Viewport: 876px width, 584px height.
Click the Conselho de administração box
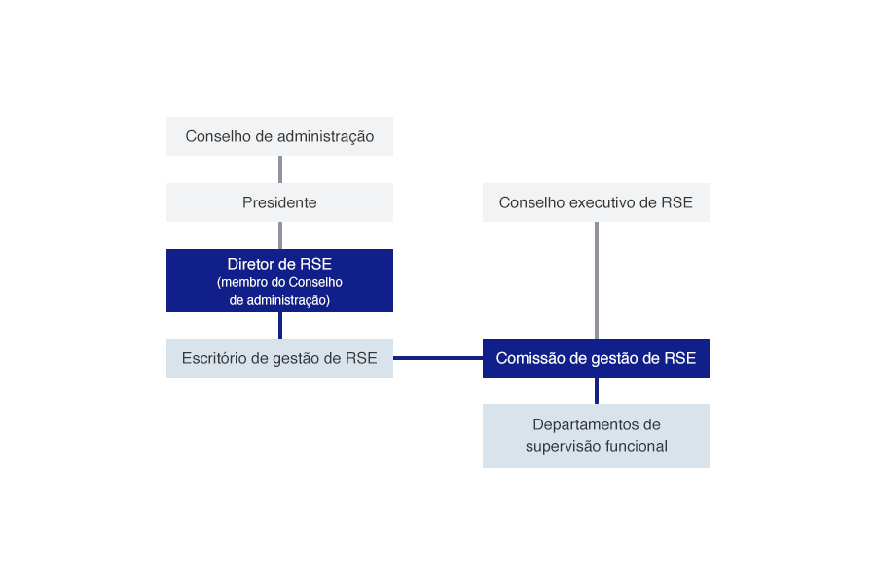click(x=279, y=136)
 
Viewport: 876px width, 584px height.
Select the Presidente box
click(x=279, y=202)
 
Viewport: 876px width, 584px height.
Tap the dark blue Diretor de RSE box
click(x=279, y=280)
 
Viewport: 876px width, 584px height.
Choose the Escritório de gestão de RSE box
click(x=279, y=358)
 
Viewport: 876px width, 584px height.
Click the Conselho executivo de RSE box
click(x=596, y=202)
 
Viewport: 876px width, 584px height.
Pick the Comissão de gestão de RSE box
click(x=596, y=358)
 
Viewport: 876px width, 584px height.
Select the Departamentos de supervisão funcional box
click(x=596, y=435)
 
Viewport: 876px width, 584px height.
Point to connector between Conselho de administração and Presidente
click(x=280, y=169)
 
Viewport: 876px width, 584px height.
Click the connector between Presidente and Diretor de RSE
click(x=280, y=236)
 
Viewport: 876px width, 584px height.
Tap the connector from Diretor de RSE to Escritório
click(x=280, y=326)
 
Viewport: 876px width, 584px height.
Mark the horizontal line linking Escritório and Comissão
click(x=437, y=358)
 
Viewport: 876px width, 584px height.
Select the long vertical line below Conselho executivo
click(x=597, y=280)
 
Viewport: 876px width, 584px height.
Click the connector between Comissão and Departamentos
click(x=597, y=390)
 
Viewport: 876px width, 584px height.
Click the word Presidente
click(x=279, y=202)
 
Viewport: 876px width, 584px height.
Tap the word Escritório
click(x=214, y=358)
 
